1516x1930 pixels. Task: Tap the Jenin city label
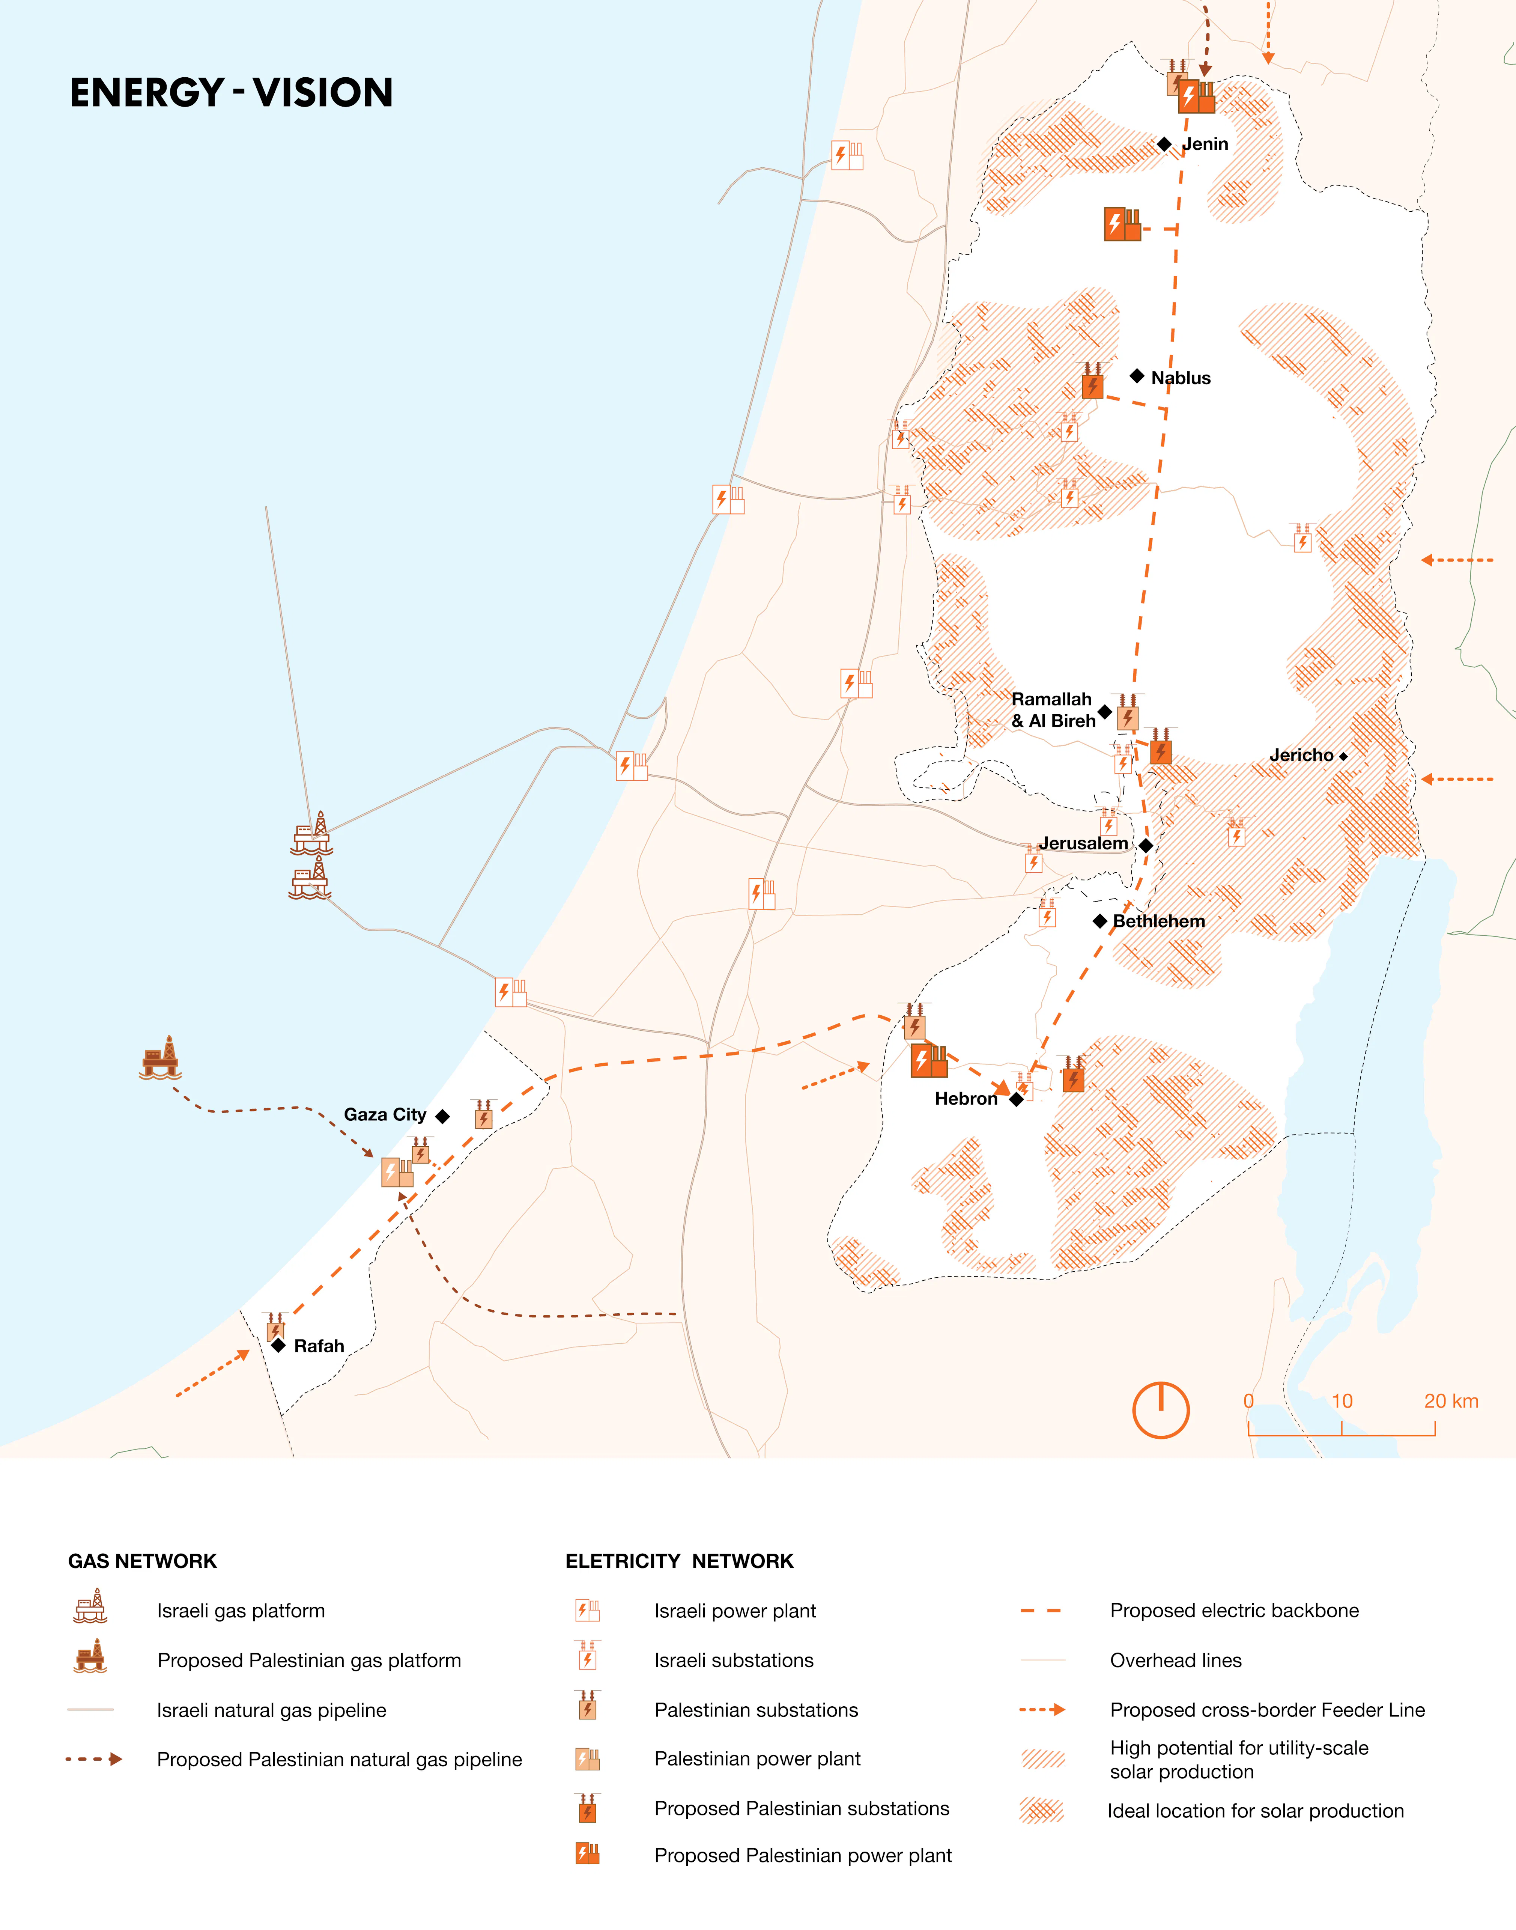coord(1205,144)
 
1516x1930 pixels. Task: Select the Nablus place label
coord(1181,378)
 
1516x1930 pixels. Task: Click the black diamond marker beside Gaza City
coord(442,1116)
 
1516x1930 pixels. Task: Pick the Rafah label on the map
coord(319,1346)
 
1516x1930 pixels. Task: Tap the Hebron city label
coord(966,1099)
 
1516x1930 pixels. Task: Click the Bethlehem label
coord(1158,921)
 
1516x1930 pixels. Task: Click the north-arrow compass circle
coord(1160,1410)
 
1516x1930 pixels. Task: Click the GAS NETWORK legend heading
coord(142,1561)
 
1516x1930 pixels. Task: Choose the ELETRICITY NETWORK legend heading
coord(679,1561)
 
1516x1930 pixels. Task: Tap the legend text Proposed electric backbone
coord(1234,1611)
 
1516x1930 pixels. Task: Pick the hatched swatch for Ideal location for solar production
coord(1042,1810)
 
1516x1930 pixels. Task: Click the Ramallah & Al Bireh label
coord(1053,710)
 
